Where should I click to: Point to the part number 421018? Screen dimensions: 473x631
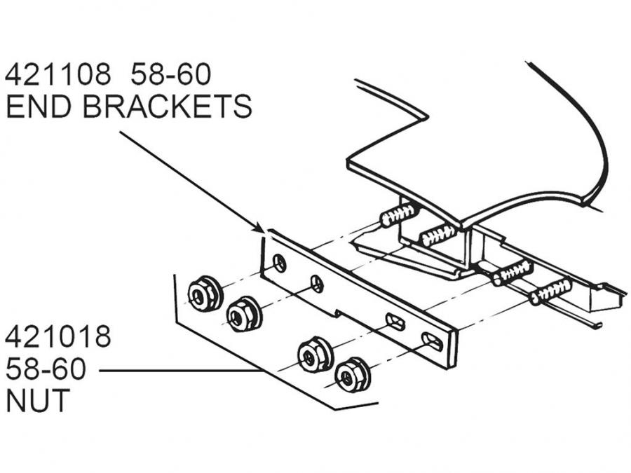[x=58, y=337]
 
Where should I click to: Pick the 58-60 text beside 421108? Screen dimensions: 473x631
[x=171, y=74]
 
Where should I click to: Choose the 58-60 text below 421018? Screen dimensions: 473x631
[x=46, y=369]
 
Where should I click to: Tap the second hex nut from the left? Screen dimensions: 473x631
[x=244, y=314]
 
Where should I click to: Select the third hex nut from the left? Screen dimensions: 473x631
[x=314, y=354]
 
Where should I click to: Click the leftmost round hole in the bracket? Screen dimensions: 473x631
[x=280, y=264]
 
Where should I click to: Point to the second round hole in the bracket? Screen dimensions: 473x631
[x=317, y=284]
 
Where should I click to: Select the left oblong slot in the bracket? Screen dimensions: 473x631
[x=395, y=323]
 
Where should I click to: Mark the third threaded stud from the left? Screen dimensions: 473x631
[x=513, y=271]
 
